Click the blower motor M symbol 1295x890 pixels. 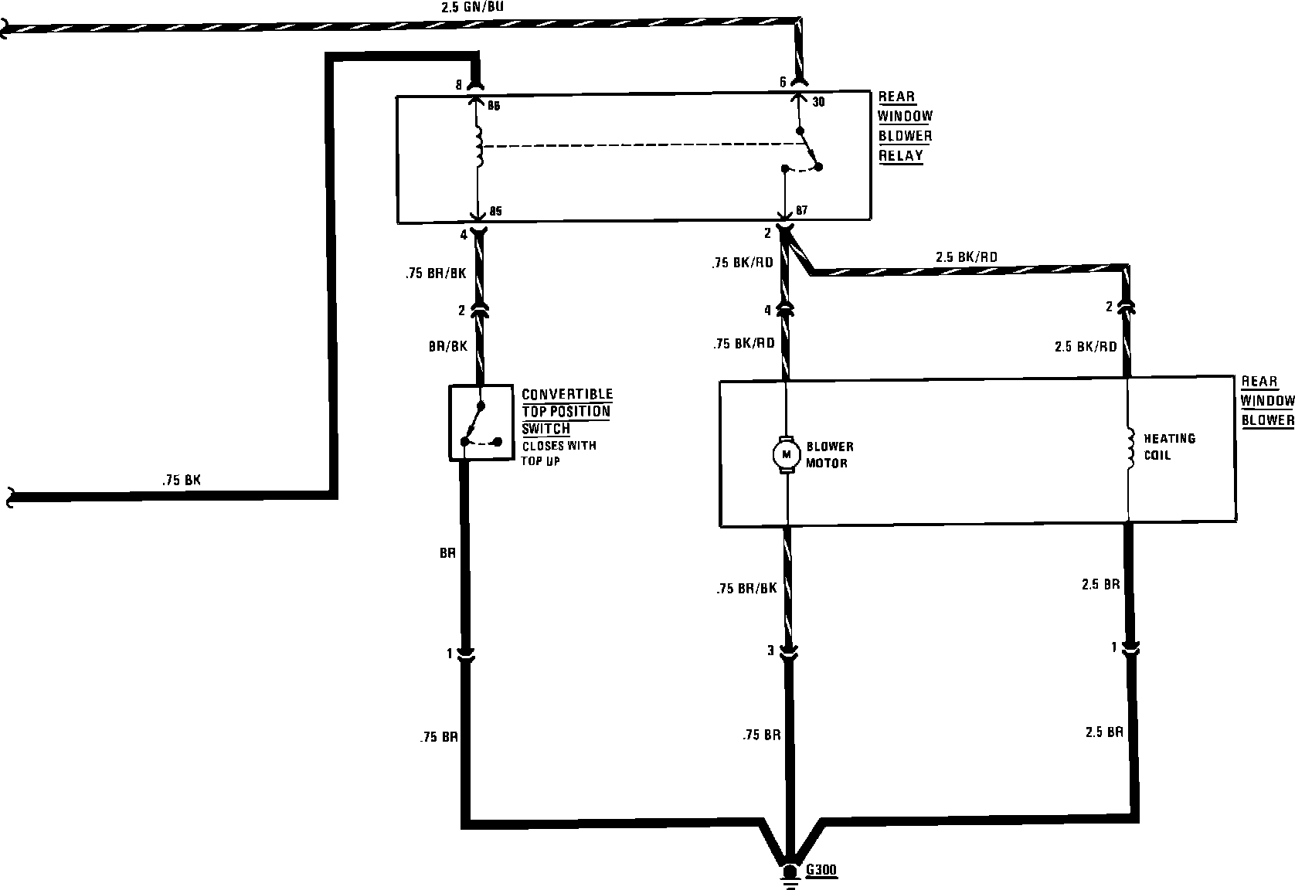point(787,455)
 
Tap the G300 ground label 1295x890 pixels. point(821,870)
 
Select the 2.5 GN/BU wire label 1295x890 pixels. point(472,7)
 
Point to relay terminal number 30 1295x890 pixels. point(818,102)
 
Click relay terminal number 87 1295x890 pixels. point(801,210)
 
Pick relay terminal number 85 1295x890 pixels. point(495,211)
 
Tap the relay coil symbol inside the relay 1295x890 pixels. point(479,148)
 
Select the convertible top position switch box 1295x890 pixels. point(481,423)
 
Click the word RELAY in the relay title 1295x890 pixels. point(901,155)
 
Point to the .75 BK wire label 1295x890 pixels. point(182,481)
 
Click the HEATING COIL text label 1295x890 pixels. point(1170,447)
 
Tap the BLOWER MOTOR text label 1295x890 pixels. point(830,455)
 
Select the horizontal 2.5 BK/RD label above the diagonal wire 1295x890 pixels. point(967,256)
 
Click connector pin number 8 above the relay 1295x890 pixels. point(458,85)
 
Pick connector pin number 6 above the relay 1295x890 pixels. point(783,82)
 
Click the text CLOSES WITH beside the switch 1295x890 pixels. point(559,446)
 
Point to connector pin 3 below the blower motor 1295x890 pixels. point(770,651)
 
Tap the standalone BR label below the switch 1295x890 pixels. point(447,553)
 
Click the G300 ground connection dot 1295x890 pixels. point(790,871)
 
